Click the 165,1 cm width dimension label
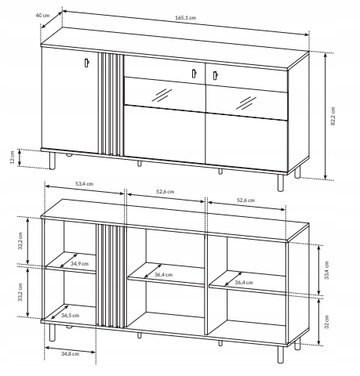point(185,18)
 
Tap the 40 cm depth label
point(42,15)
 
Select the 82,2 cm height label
point(333,116)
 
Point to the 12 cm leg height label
point(12,157)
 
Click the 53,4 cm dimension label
point(84,184)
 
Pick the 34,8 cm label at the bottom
point(70,354)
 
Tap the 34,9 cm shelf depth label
point(79,263)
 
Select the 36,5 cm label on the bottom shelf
point(70,315)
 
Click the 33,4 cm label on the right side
point(327,270)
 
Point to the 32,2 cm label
point(20,240)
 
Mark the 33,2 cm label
point(20,292)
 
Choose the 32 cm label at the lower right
point(327,322)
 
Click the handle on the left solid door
point(87,63)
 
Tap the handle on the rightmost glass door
point(215,75)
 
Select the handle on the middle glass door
point(194,74)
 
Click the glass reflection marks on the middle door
point(162,95)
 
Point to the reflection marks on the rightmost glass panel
point(246,103)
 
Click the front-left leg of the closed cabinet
point(53,161)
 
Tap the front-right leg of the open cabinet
point(281,355)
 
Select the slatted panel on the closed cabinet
point(111,104)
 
